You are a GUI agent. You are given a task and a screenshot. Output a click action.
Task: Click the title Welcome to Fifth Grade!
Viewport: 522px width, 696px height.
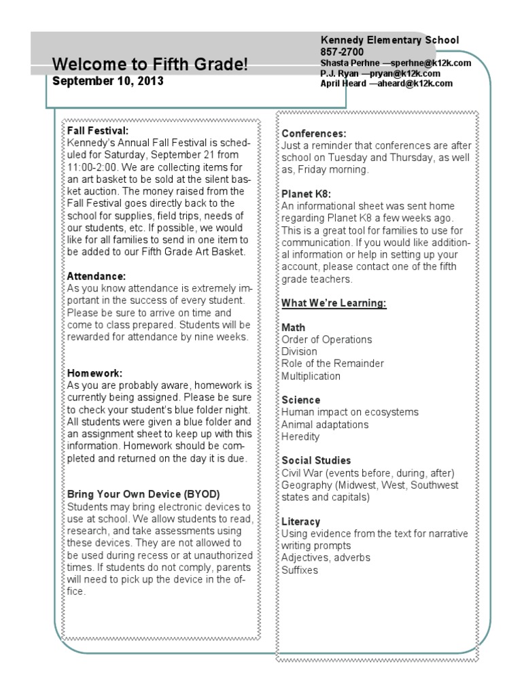[150, 65]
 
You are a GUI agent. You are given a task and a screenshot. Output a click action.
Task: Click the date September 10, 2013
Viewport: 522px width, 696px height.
[107, 81]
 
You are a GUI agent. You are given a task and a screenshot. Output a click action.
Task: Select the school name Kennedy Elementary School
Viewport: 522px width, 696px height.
[389, 41]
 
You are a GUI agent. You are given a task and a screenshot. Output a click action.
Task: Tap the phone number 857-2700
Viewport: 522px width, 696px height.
[342, 52]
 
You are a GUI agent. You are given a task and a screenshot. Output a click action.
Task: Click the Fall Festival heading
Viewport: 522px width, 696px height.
[97, 130]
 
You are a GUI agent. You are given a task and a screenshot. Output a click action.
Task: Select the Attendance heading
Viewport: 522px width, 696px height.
[96, 277]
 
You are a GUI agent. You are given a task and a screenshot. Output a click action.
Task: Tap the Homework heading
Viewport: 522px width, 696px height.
[94, 373]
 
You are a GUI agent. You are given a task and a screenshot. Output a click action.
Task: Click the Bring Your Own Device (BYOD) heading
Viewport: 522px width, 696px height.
[143, 494]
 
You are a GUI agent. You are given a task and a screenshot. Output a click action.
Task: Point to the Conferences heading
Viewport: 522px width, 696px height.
[314, 133]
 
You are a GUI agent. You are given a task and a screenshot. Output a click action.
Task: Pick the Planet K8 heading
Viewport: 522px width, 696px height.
[307, 194]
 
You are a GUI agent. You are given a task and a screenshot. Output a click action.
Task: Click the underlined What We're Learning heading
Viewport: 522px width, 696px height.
[334, 302]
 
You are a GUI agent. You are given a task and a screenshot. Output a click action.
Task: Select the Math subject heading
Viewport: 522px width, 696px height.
[293, 328]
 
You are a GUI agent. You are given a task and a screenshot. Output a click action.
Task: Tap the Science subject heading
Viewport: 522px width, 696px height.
[300, 400]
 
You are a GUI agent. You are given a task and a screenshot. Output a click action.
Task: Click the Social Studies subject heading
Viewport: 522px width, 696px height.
[316, 460]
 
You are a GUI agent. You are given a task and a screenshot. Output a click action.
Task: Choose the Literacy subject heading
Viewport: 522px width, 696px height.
[300, 521]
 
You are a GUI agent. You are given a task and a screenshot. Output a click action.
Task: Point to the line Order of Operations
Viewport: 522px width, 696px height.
[327, 339]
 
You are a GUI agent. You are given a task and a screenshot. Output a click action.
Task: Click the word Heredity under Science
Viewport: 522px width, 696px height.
[300, 436]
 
